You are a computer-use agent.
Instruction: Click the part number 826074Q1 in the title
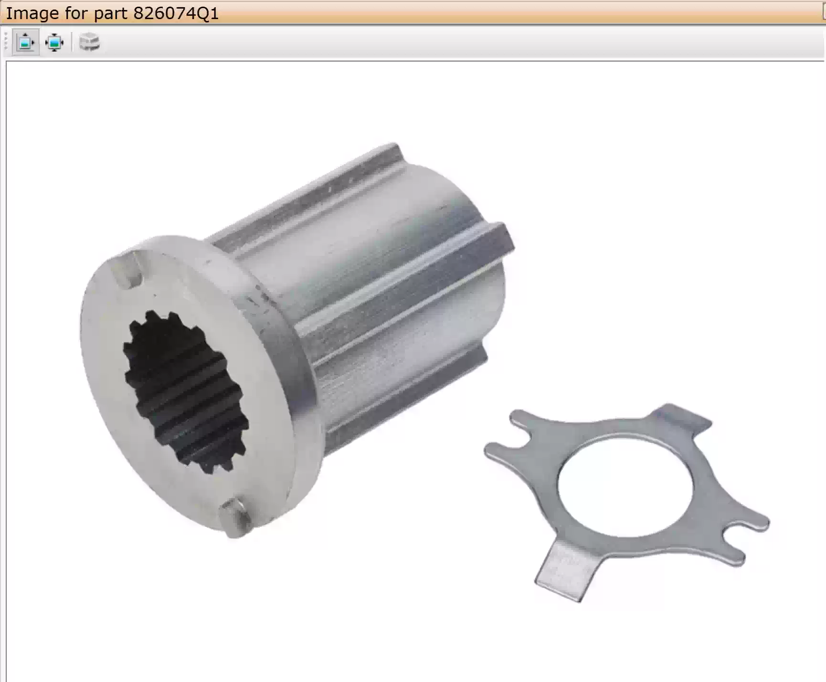coord(176,13)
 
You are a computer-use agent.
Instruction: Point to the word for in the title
coord(77,13)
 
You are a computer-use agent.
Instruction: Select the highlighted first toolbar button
coord(25,42)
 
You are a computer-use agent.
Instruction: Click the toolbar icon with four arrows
coord(54,42)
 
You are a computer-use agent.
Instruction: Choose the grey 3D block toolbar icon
coord(89,42)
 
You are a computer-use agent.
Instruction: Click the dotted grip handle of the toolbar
coord(6,42)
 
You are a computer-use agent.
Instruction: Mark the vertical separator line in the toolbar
coord(72,42)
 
